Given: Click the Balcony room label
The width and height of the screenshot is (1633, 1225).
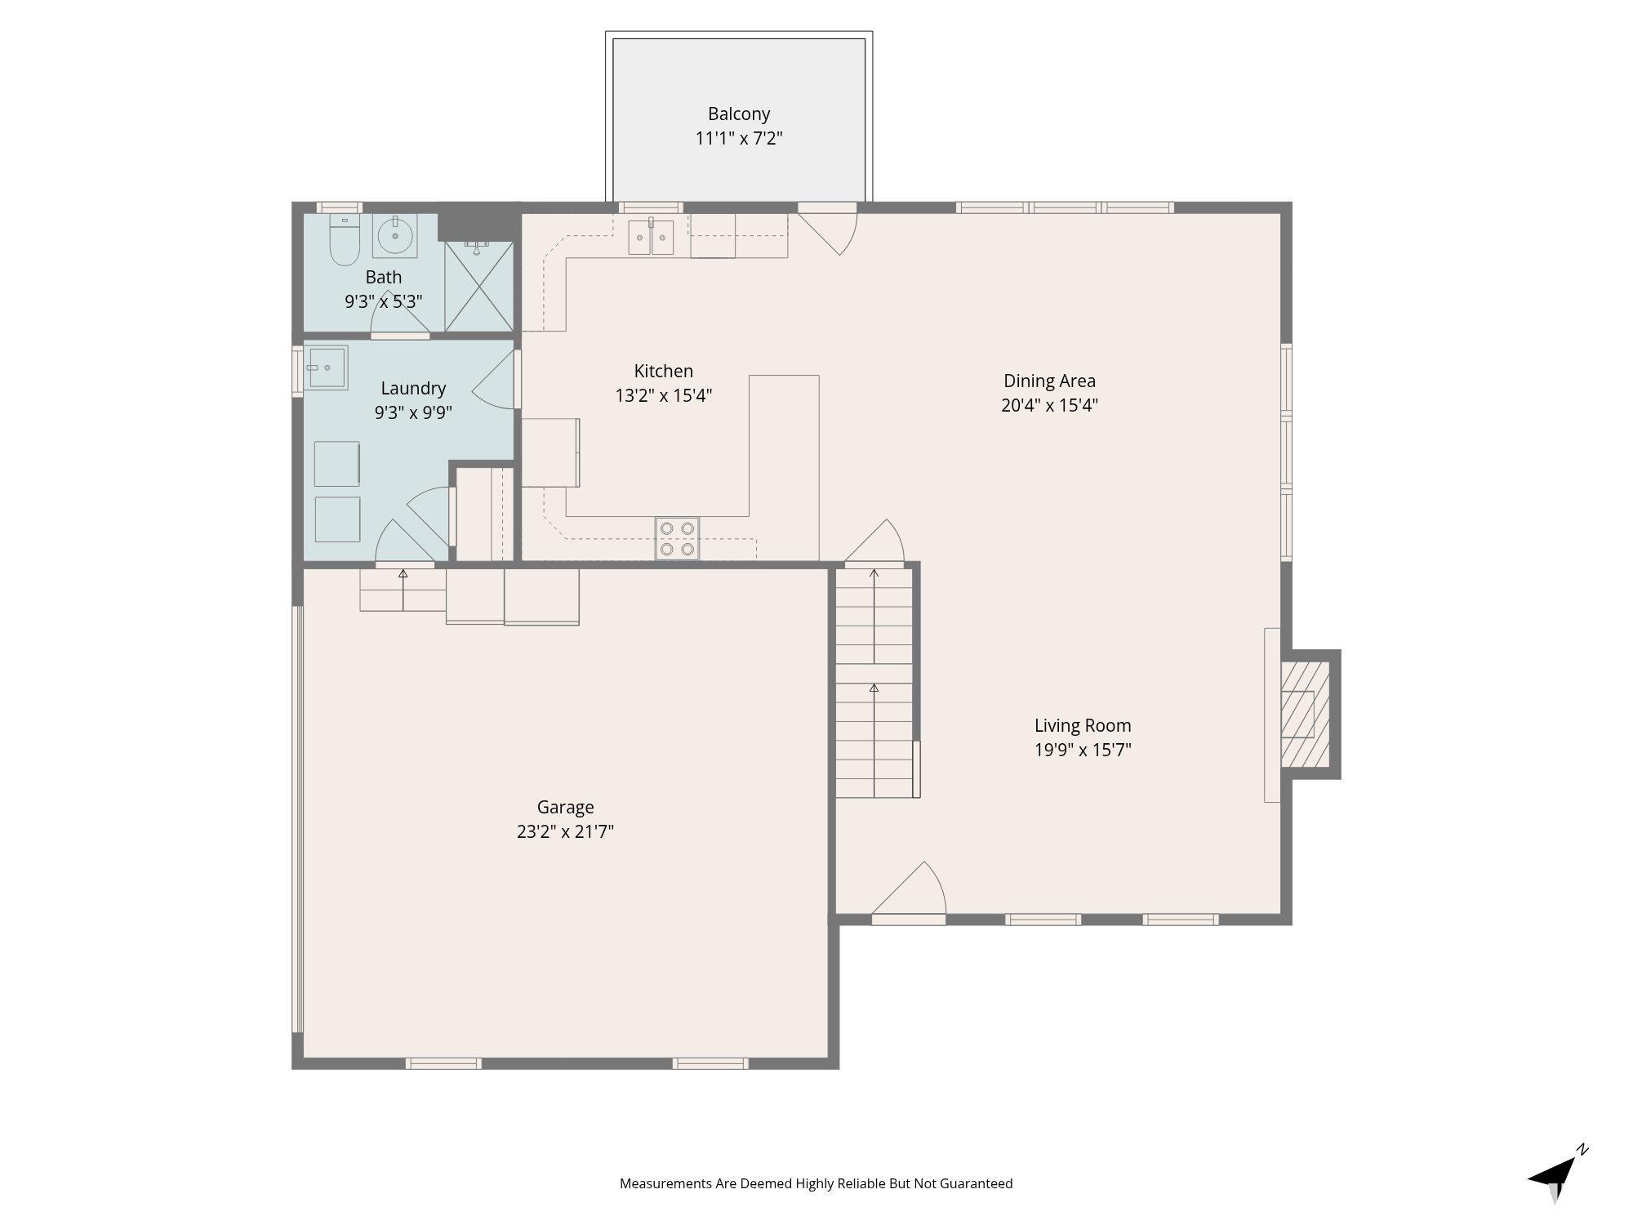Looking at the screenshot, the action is click(739, 114).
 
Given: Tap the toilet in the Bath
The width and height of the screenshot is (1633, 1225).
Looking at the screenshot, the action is click(344, 240).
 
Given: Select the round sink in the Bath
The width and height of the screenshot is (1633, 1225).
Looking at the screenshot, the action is click(395, 235).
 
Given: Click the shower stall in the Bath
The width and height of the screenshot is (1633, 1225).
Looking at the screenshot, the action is click(478, 287).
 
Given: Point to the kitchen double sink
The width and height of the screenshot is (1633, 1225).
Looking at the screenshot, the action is click(651, 238).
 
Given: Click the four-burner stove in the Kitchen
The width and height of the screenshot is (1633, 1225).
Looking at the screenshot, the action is click(677, 539).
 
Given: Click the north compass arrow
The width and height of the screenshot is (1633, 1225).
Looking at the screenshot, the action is click(1556, 1176).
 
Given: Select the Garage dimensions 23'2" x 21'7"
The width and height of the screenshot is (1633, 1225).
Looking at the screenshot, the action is click(565, 832).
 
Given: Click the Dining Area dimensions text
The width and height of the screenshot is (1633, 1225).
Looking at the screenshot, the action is click(1049, 405).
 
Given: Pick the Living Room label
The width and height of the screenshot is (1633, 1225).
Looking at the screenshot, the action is click(1083, 725).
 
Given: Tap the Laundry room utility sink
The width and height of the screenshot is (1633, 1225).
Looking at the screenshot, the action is click(327, 367).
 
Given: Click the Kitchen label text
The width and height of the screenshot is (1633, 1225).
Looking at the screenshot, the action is click(663, 372).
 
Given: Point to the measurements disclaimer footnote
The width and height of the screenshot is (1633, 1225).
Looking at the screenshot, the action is click(816, 1183).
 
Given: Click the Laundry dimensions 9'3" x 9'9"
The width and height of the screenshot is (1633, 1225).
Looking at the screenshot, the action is click(413, 413).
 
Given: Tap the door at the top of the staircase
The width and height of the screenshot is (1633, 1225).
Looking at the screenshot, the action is click(874, 541).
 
